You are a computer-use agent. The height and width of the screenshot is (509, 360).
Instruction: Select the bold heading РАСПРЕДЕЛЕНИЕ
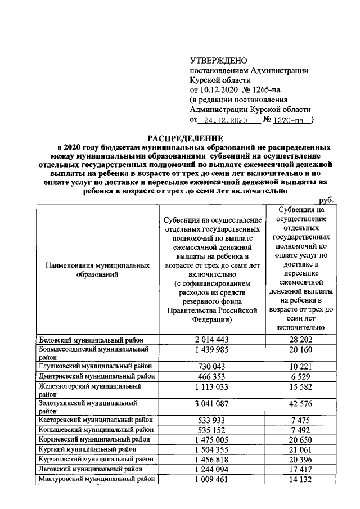click(x=185, y=138)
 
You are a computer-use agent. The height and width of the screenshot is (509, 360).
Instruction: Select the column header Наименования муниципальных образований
click(x=94, y=269)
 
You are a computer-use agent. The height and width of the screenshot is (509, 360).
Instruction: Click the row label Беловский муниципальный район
click(x=91, y=339)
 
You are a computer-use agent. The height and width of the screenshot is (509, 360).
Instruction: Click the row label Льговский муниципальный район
click(x=89, y=469)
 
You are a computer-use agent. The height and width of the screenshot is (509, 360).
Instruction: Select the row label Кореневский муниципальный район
click(x=94, y=439)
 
